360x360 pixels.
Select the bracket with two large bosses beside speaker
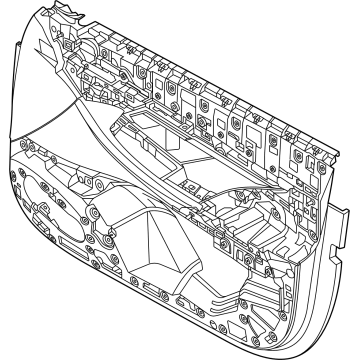(100, 215)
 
